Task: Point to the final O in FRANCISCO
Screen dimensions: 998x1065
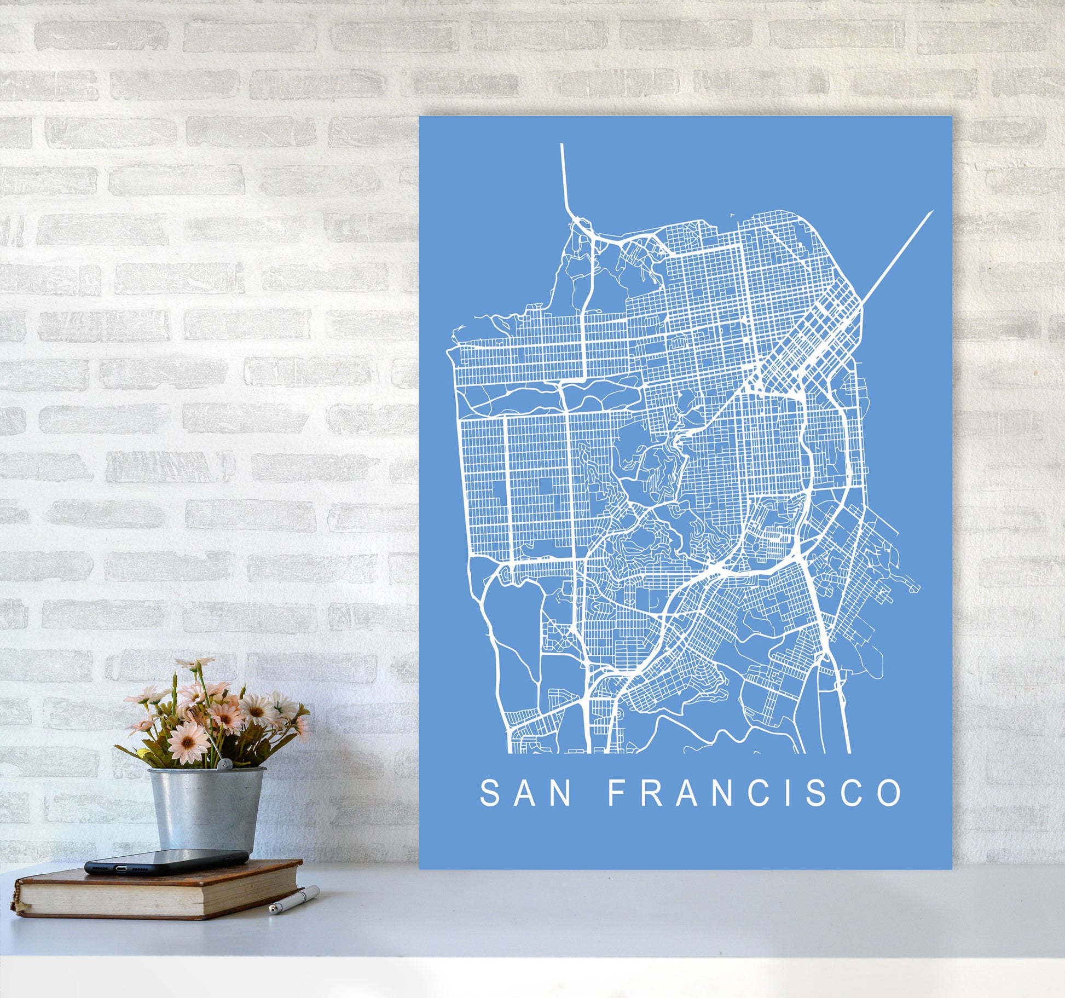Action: click(x=890, y=793)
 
